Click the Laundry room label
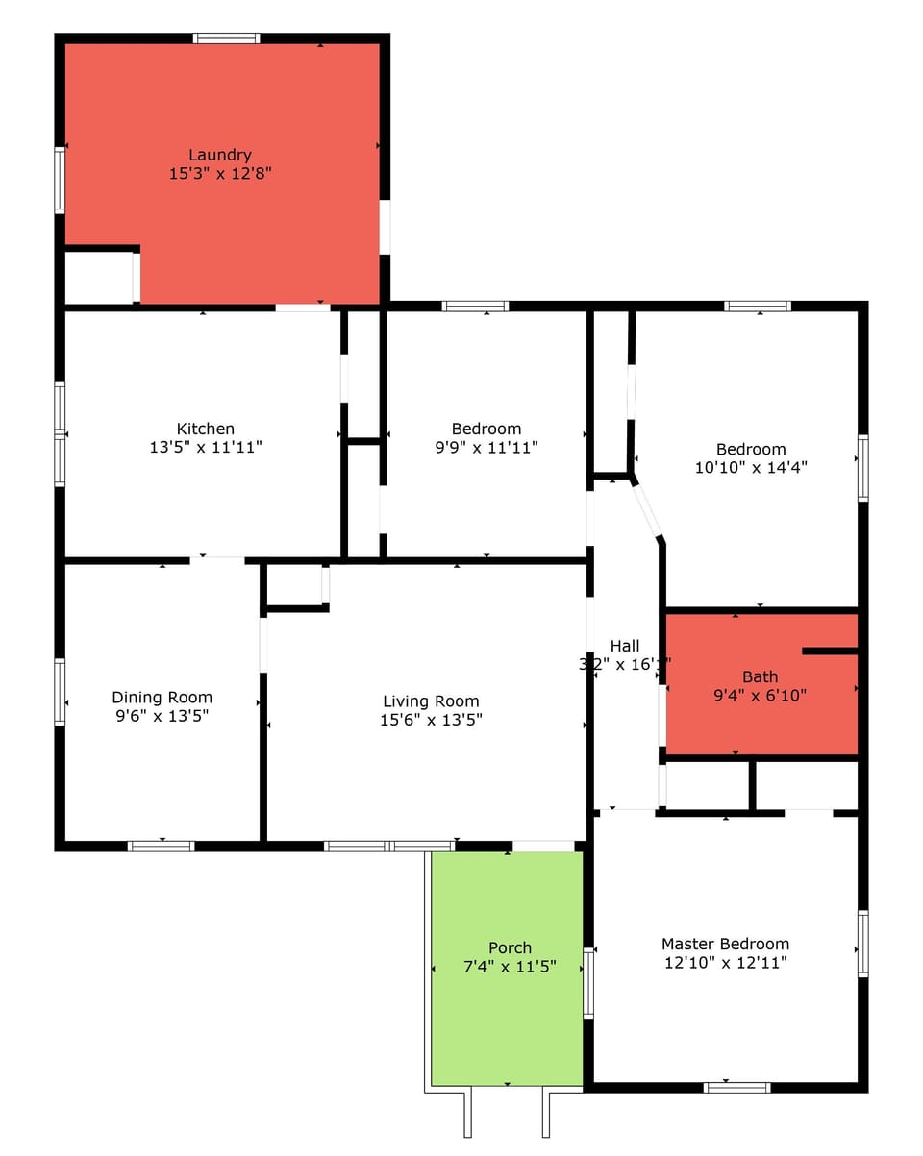(x=219, y=155)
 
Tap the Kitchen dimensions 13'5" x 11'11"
(x=205, y=447)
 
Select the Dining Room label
(x=162, y=698)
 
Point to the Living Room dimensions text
(x=431, y=720)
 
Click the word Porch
(x=510, y=947)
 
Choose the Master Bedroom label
(x=725, y=944)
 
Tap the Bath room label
(x=760, y=676)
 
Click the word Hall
(x=624, y=646)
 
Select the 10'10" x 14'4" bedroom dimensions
(x=751, y=468)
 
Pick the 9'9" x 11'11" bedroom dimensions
(x=486, y=447)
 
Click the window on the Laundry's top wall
(x=226, y=38)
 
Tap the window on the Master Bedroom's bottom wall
(x=736, y=1087)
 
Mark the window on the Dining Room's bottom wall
(x=162, y=846)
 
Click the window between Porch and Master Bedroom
(x=588, y=982)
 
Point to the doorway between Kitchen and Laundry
(x=302, y=307)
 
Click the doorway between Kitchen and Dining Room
(x=216, y=559)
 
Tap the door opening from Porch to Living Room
(x=543, y=846)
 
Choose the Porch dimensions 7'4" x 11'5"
(x=510, y=967)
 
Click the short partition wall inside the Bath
(x=829, y=652)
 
